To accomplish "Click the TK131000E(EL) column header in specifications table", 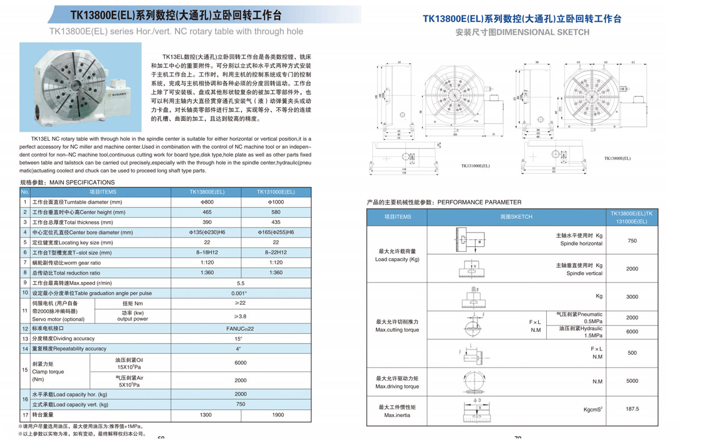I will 276,192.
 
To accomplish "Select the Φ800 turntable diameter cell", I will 206,202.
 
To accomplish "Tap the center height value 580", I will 276,212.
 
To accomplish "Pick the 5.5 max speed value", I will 241,283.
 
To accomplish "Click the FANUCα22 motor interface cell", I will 241,328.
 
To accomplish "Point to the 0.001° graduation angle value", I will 241,293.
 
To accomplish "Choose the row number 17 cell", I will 24,415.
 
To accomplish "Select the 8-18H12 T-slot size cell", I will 206,252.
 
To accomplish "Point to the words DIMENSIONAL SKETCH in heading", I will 543,32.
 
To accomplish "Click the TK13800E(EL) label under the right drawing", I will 617,159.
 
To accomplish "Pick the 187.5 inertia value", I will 632,409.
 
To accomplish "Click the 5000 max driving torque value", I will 632,381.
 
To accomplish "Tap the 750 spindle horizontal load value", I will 632,241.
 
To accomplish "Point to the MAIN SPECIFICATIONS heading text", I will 82,183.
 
